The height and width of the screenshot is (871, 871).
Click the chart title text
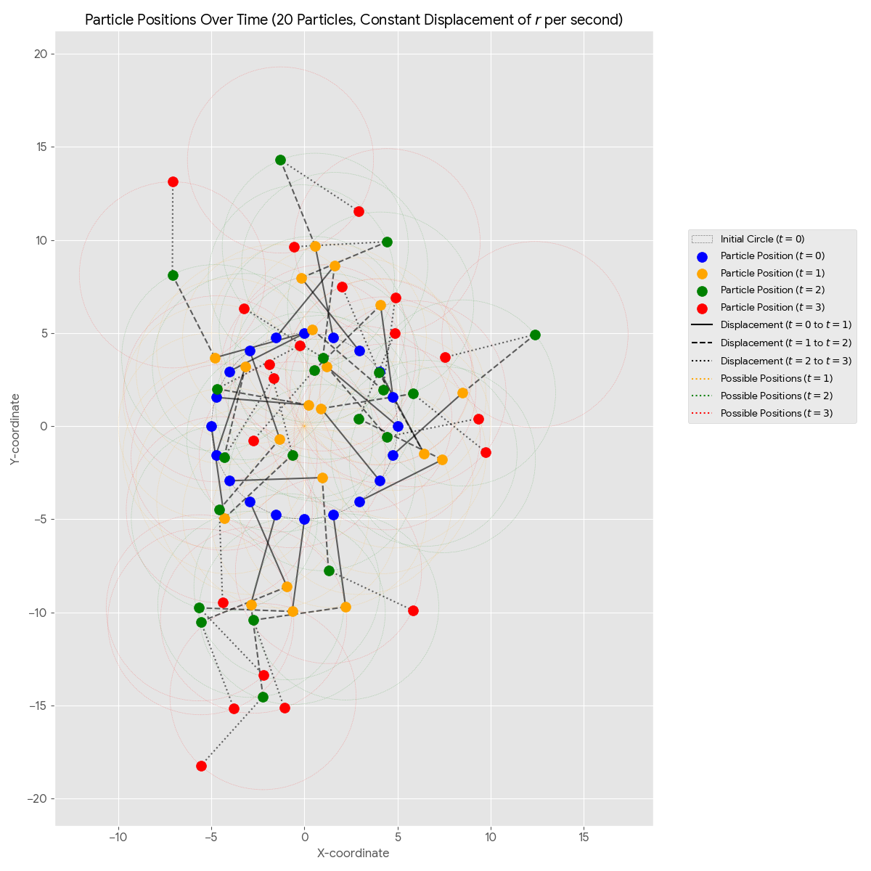tap(353, 20)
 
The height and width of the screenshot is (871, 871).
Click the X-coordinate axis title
tap(353, 853)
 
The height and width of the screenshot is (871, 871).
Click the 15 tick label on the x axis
tap(584, 837)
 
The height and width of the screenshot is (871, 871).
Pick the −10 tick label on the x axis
tap(118, 837)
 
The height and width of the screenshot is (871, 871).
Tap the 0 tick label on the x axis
tap(304, 837)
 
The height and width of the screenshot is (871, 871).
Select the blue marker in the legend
tap(702, 256)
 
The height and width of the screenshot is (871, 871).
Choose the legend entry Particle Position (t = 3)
tap(772, 308)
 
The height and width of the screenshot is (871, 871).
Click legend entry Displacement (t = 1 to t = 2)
tap(786, 343)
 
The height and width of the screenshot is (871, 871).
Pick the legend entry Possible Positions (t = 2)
tap(776, 396)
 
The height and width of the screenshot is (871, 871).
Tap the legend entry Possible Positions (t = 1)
tap(776, 378)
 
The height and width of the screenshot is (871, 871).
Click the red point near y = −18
tap(201, 766)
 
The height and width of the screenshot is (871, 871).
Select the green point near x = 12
tap(535, 335)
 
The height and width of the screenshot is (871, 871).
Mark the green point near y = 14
tap(280, 160)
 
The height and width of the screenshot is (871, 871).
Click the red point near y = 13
tap(173, 181)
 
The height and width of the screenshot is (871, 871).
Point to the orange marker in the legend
tap(702, 274)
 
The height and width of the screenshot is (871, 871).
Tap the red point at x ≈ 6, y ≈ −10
tap(413, 610)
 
